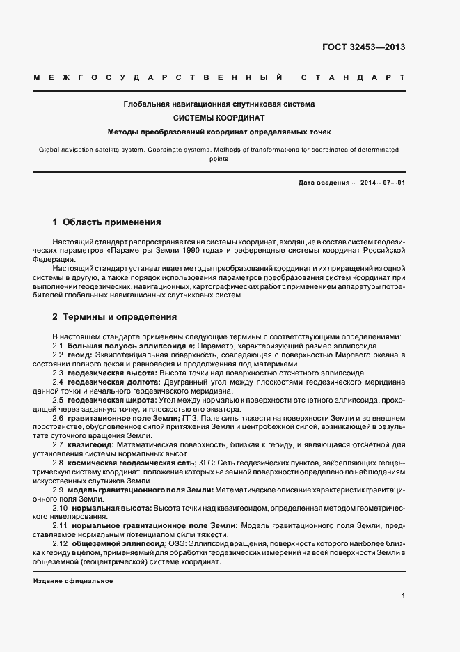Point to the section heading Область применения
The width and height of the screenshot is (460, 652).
coord(111,222)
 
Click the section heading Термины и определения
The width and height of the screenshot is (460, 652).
coord(120,316)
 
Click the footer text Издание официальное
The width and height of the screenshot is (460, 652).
coord(73,580)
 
